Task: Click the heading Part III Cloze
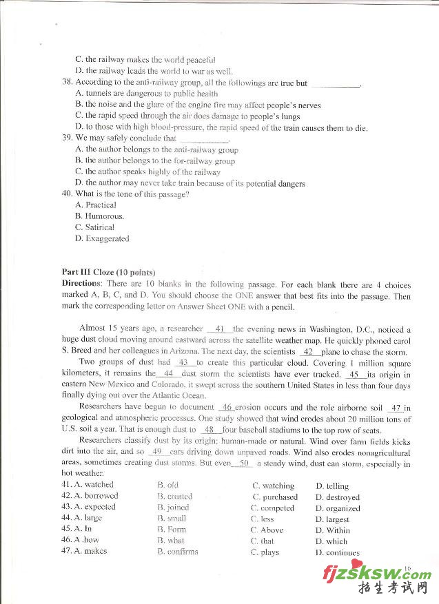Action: click(108, 272)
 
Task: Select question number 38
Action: click(67, 83)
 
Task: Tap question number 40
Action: click(67, 194)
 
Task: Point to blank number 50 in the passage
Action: click(243, 464)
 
